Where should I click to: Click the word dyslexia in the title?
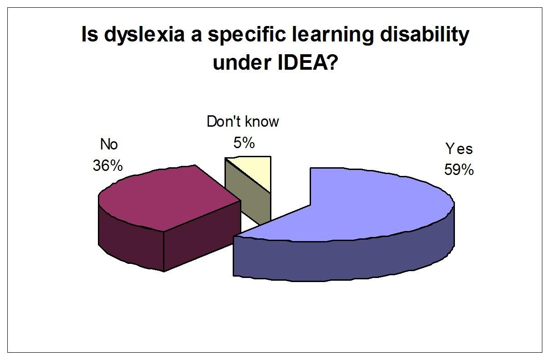[144, 35]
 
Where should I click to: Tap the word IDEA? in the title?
[307, 62]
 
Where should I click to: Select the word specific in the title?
[247, 35]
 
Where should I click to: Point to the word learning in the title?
[333, 35]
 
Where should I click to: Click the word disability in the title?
[424, 35]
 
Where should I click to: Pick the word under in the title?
[242, 62]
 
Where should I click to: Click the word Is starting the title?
[90, 35]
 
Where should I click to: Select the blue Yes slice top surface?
[357, 204]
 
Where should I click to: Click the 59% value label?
[459, 170]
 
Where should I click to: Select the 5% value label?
[244, 143]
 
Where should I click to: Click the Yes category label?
[459, 149]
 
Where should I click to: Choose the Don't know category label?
[243, 121]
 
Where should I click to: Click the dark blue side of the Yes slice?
[344, 261]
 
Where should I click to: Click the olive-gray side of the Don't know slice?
[249, 195]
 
